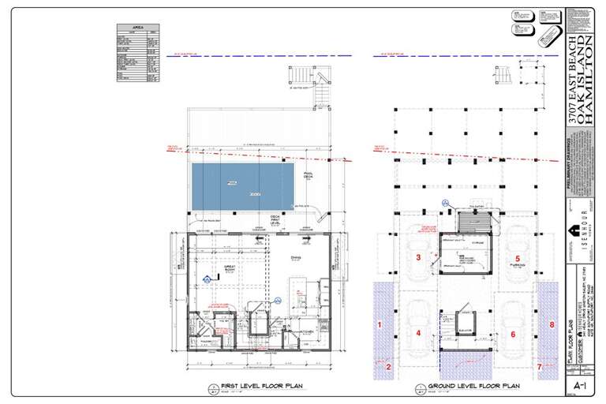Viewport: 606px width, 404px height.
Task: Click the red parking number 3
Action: pyautogui.click(x=419, y=257)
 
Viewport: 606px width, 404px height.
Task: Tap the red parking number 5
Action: pyautogui.click(x=518, y=258)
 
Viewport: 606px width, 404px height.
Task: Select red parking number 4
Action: pyautogui.click(x=419, y=333)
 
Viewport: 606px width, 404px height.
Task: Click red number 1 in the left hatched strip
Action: pyautogui.click(x=380, y=324)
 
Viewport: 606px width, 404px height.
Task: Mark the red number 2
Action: pyautogui.click(x=388, y=365)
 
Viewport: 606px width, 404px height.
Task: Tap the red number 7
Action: pyautogui.click(x=541, y=366)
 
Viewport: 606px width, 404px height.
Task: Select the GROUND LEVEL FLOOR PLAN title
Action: pyautogui.click(x=473, y=387)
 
